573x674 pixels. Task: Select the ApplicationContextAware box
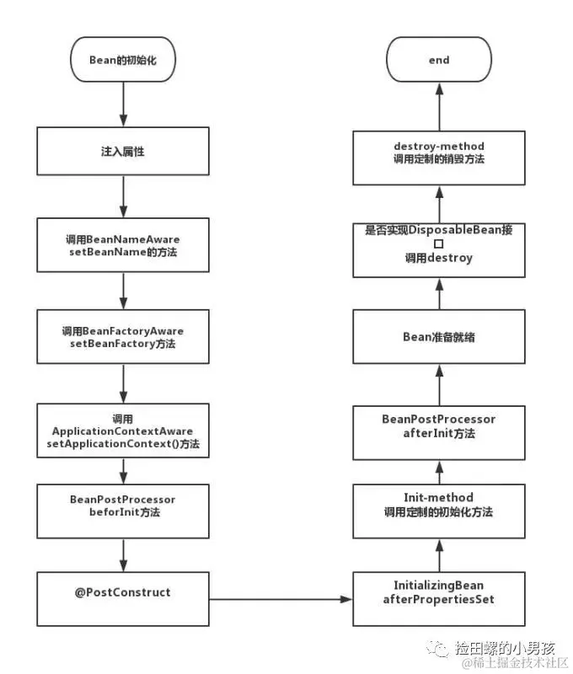pyautogui.click(x=122, y=431)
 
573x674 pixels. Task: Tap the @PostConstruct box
pyautogui.click(x=122, y=593)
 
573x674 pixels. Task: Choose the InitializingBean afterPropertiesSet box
pyautogui.click(x=439, y=598)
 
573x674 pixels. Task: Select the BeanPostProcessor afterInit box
pyautogui.click(x=439, y=426)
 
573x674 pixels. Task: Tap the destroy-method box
pyautogui.click(x=439, y=152)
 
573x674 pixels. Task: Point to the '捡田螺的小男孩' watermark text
pyautogui.click(x=505, y=648)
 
